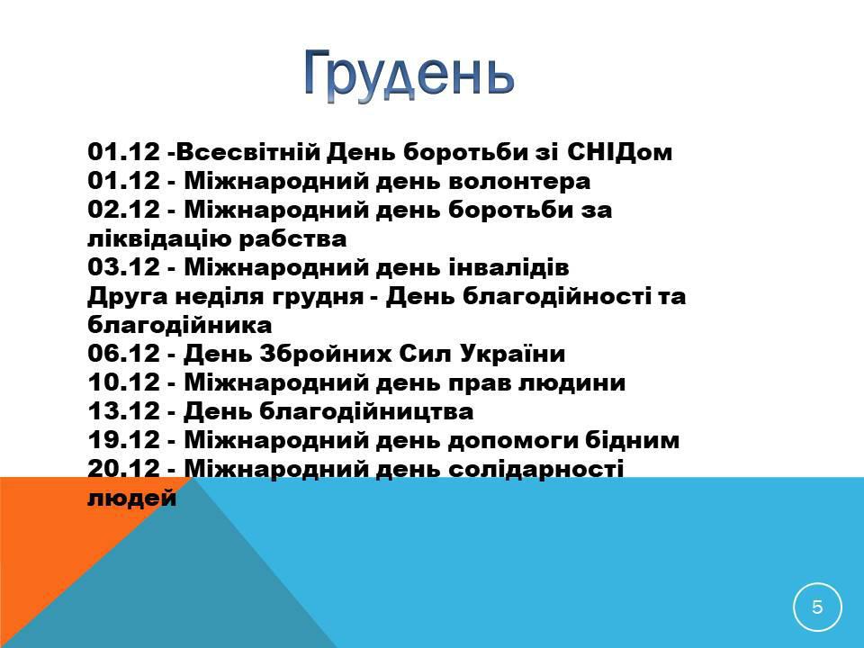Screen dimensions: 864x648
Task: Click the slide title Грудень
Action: coord(409,76)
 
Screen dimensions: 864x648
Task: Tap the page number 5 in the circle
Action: coord(817,607)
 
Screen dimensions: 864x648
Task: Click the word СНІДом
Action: coord(619,151)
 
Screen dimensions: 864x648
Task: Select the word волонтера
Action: coord(519,181)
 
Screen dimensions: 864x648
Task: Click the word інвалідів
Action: coord(508,266)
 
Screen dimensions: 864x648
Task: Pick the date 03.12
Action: coord(123,266)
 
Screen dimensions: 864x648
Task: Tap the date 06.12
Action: coord(123,353)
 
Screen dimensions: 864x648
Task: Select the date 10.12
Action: coord(123,382)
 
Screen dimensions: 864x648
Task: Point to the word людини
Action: coord(572,382)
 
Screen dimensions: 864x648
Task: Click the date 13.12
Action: coord(123,410)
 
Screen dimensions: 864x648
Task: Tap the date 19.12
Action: coord(123,439)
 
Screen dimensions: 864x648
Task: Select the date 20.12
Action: coord(123,468)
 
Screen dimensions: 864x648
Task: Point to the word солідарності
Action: coord(536,469)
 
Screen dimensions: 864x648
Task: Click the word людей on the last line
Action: coord(132,498)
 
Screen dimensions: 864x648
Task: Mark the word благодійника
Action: coord(180,325)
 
